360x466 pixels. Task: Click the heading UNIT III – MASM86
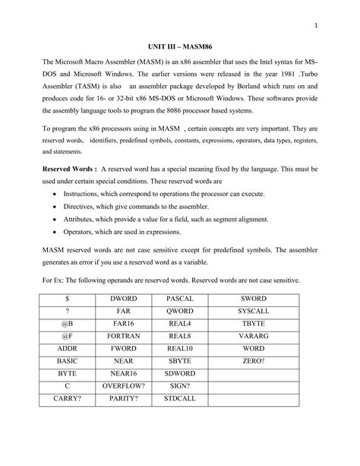click(180, 46)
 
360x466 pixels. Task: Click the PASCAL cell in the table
click(179, 301)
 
